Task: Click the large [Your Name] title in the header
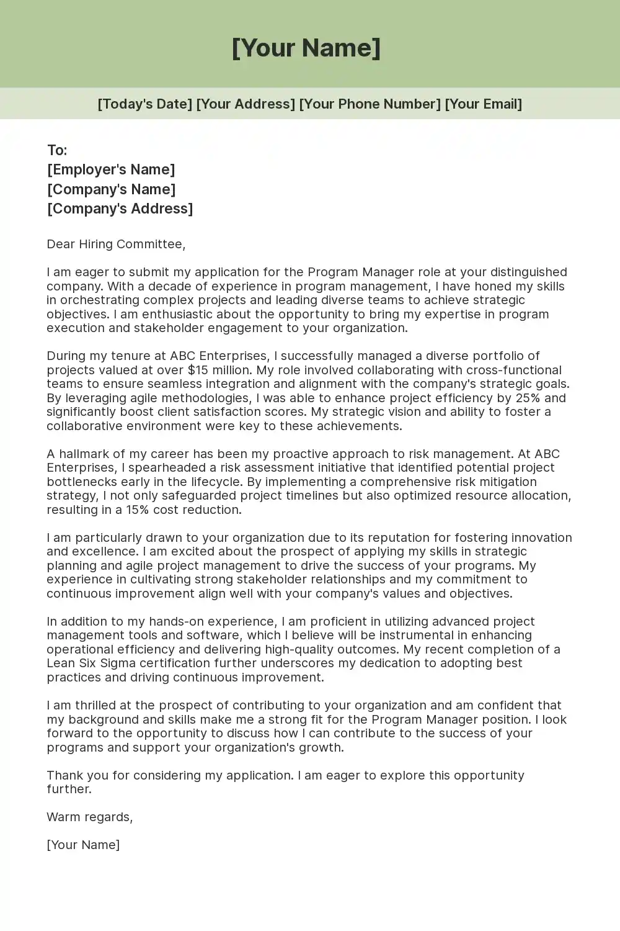coord(306,48)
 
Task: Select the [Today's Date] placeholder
coord(144,104)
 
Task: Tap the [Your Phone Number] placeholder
coord(370,104)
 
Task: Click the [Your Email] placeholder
coord(483,104)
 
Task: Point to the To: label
coord(57,150)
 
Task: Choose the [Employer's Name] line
coord(111,169)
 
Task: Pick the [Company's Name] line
coord(111,189)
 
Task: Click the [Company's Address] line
coord(120,209)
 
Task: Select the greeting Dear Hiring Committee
coord(116,244)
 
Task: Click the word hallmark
coord(86,454)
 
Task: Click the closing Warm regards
coord(89,817)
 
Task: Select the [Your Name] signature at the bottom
coord(83,845)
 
